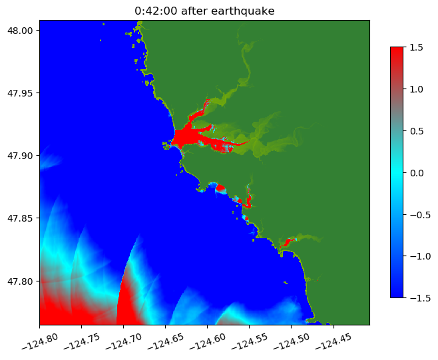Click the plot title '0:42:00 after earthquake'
point(204,11)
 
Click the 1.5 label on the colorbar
point(416,47)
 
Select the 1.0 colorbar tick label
point(416,89)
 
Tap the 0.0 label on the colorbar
point(416,172)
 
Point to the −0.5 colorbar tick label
point(419,214)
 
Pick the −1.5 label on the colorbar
point(419,297)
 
